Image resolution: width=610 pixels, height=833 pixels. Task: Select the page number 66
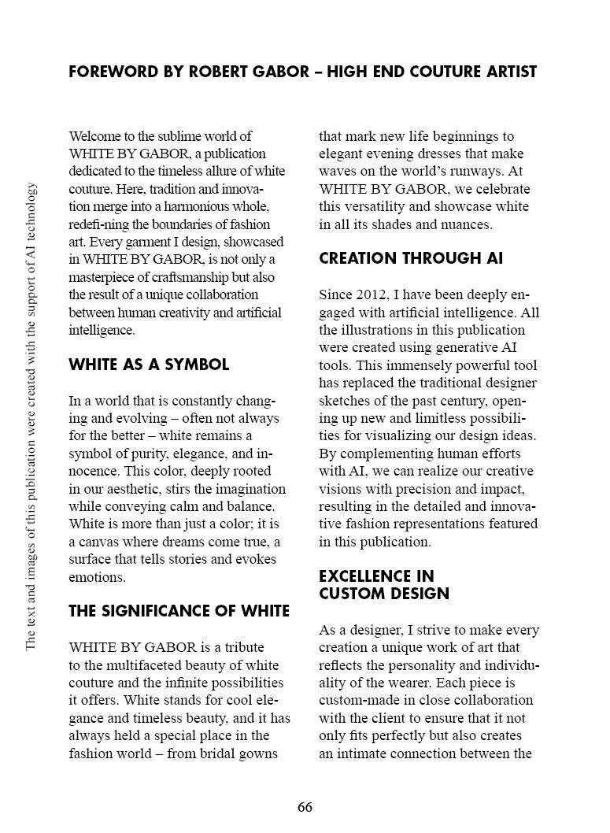[305, 808]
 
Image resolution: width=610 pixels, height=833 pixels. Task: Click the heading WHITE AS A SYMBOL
[149, 365]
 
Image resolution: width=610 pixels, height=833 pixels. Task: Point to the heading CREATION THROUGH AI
[410, 258]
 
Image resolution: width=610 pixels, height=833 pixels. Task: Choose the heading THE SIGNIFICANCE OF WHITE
[179, 611]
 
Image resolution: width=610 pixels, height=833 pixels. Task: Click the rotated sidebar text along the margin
[31, 416]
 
